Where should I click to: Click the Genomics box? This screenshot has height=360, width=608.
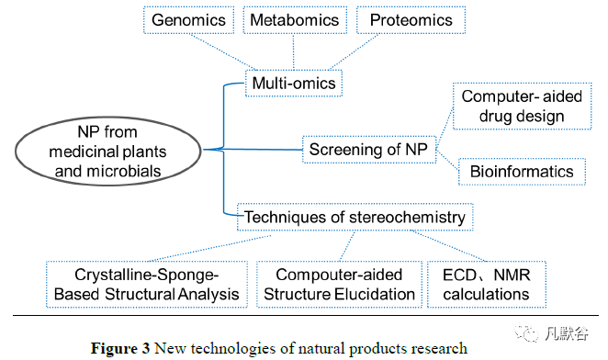(189, 20)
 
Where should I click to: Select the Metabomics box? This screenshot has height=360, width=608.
(295, 20)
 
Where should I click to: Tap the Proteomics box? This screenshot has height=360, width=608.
(411, 20)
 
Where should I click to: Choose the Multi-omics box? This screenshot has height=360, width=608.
(294, 83)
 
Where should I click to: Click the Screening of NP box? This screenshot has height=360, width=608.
(369, 150)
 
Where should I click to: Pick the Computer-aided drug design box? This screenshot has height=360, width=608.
(523, 106)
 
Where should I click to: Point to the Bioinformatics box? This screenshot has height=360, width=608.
(522, 172)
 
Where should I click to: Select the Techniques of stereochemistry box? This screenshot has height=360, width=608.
(355, 217)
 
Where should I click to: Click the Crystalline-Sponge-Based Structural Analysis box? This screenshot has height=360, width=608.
(147, 285)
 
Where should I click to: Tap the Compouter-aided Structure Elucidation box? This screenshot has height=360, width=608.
(339, 285)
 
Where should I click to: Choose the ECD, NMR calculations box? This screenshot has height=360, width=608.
(487, 285)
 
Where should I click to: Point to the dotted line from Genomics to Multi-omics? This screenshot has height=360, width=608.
(222, 52)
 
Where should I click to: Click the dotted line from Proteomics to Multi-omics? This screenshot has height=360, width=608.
(354, 52)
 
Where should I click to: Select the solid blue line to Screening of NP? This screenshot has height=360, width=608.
(253, 150)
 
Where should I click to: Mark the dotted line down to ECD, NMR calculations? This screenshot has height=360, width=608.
(448, 246)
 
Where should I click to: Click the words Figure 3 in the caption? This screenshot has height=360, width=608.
(120, 348)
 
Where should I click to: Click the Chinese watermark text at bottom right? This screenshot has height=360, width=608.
(567, 333)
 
